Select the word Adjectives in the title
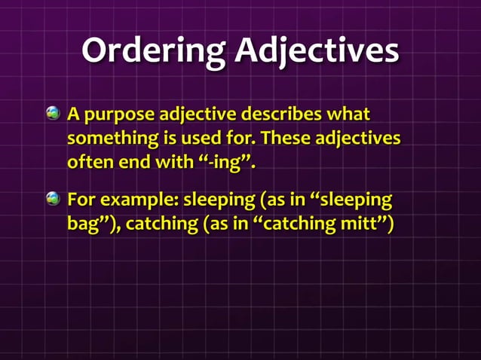[x=317, y=52]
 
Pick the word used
[x=209, y=140]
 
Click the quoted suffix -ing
[x=228, y=163]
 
